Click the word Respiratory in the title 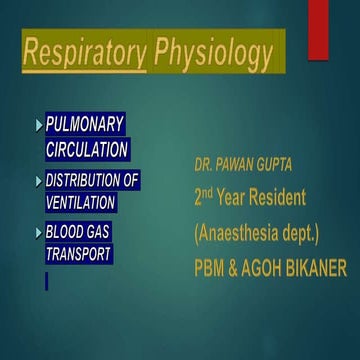click(84, 54)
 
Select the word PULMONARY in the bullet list click(86, 125)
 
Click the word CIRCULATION click(87, 149)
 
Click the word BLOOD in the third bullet click(66, 232)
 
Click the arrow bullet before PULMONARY click(39, 126)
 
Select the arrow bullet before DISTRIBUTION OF click(39, 181)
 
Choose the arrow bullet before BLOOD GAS click(39, 233)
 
